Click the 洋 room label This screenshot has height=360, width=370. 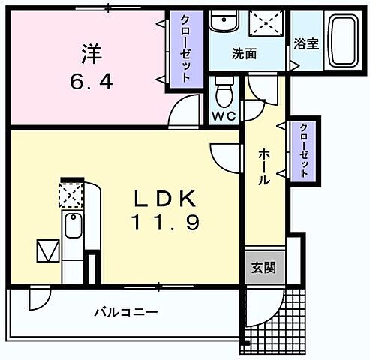coord(91,54)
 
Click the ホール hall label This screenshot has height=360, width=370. coord(265,166)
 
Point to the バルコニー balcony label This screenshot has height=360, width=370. coord(125,311)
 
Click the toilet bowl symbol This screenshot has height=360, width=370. coord(224,93)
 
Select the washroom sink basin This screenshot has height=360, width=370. coord(223,23)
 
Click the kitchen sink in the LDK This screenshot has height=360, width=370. coord(73,225)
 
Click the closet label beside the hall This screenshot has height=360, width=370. coord(305,150)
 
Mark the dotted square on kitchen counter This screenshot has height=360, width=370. coord(72,196)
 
